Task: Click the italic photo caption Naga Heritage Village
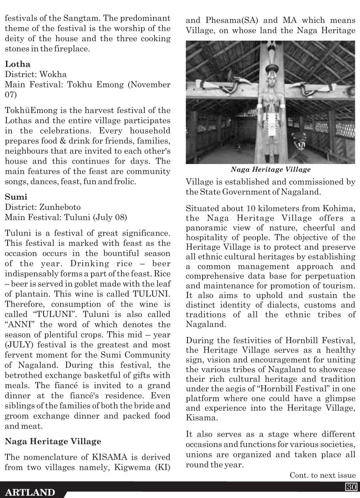271,170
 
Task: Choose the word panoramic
205,229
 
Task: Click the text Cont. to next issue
322,475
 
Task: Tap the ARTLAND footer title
31,492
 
